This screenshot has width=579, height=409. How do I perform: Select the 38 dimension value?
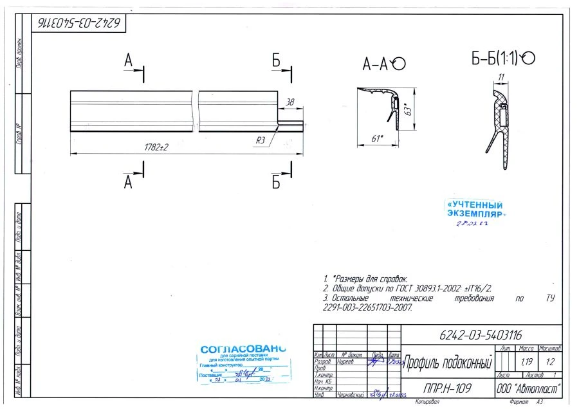pyautogui.click(x=289, y=102)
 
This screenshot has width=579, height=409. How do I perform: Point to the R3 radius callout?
pyautogui.click(x=261, y=140)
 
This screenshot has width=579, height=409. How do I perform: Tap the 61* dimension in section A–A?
pyautogui.click(x=378, y=138)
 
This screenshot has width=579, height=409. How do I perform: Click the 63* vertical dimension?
pyautogui.click(x=407, y=110)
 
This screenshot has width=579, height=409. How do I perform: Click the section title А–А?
pyautogui.click(x=376, y=64)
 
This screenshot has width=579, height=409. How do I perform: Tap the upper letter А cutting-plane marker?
pyautogui.click(x=129, y=61)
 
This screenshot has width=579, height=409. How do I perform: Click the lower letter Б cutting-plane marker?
pyautogui.click(x=276, y=183)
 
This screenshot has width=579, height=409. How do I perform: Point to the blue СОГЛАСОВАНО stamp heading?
pyautogui.click(x=243, y=349)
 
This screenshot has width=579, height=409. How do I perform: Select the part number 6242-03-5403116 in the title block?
pyautogui.click(x=481, y=335)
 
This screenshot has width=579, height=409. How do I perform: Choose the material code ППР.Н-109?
pyautogui.click(x=447, y=388)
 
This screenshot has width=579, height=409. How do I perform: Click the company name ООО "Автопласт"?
pyautogui.click(x=528, y=388)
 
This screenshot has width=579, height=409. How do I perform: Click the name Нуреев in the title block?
pyautogui.click(x=348, y=362)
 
